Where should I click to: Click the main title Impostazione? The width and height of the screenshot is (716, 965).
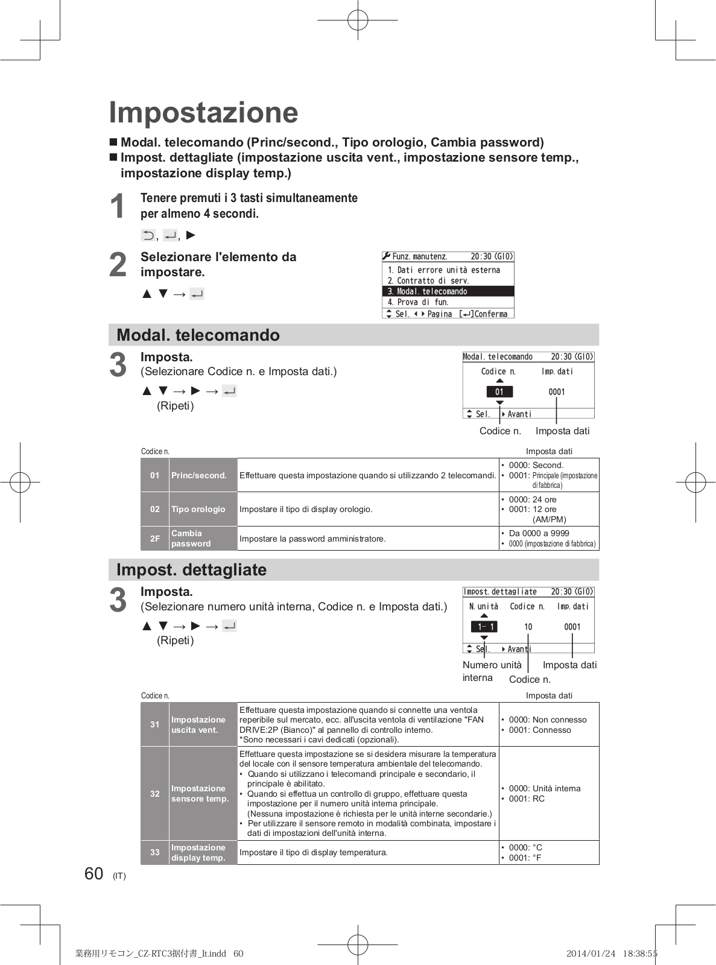point(203,113)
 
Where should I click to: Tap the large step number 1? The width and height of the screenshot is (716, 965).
point(118,206)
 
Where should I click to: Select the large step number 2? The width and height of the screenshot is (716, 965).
point(118,265)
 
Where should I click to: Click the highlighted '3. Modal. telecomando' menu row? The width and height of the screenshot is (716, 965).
point(448,291)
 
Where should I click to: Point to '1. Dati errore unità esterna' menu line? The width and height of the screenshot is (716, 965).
point(444,270)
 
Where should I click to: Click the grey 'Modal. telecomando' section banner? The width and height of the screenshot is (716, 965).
point(353,335)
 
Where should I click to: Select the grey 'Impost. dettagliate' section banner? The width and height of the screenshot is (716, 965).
point(353,569)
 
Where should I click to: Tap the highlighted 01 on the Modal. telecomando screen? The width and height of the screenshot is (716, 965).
point(499,392)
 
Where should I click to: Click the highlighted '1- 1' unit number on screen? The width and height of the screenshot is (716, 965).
point(484,627)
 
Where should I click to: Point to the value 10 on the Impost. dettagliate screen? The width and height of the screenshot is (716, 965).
point(528,627)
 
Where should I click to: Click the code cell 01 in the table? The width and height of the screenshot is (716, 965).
point(155,475)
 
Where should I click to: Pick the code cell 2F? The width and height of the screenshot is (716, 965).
point(155,539)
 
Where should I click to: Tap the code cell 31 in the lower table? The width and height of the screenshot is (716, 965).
point(155,724)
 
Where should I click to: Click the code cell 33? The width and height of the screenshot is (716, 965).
point(155,852)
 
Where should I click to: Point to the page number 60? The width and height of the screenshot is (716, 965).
point(94,874)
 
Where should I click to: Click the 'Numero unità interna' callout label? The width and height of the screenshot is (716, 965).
point(491,671)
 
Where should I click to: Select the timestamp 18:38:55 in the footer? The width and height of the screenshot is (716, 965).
point(641,954)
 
